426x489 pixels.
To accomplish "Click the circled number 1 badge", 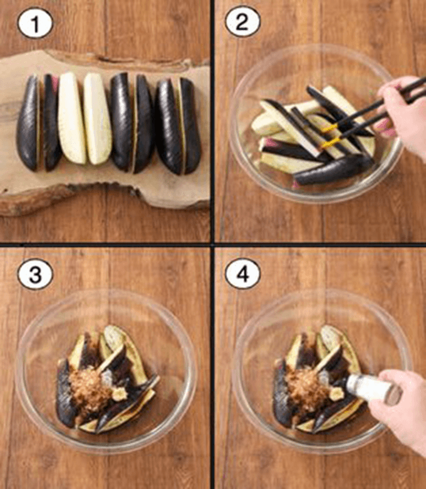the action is (35, 23).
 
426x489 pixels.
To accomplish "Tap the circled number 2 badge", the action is (242, 21).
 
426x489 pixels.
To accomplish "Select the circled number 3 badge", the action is (35, 275).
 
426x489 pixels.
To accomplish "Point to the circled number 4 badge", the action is (242, 274).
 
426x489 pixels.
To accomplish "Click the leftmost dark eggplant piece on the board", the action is (28, 123).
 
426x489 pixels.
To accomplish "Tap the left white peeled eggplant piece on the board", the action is (71, 118).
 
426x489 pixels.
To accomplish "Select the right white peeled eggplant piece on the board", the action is (97, 119).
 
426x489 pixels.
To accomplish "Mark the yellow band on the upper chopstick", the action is (330, 128).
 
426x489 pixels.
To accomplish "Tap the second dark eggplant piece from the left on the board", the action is (51, 123).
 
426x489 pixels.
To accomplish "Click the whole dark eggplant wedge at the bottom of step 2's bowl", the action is (333, 170).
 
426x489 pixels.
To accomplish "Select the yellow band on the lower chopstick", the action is (330, 143).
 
